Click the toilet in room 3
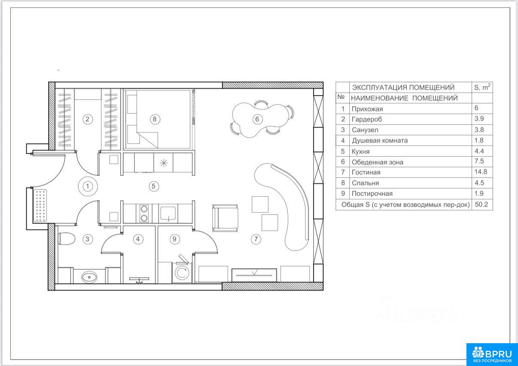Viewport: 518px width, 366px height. click(x=67, y=239)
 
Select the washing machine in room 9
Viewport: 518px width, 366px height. click(x=182, y=273)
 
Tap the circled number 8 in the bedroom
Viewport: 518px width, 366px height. click(x=155, y=119)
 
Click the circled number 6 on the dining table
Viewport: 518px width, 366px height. click(x=257, y=119)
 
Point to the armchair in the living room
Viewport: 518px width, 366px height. click(x=225, y=218)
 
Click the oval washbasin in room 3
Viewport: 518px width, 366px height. click(x=89, y=277)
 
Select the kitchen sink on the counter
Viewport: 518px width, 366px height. click(x=168, y=213)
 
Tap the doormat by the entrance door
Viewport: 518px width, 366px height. click(x=40, y=206)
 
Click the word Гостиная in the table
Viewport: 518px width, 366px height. click(x=366, y=172)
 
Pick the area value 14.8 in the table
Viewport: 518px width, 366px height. click(x=481, y=172)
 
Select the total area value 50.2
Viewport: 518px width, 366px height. click(x=481, y=204)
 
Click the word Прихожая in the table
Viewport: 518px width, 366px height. click(x=367, y=109)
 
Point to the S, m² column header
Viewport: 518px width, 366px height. click(x=482, y=87)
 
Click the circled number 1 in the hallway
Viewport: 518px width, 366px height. click(x=88, y=186)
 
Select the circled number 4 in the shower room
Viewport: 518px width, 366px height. click(x=138, y=239)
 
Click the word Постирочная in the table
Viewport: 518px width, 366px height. click(x=372, y=194)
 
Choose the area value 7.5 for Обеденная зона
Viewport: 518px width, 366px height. click(x=479, y=161)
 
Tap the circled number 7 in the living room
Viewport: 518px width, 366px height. click(x=256, y=239)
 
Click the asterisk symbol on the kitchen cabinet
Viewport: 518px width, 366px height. click(x=164, y=163)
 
